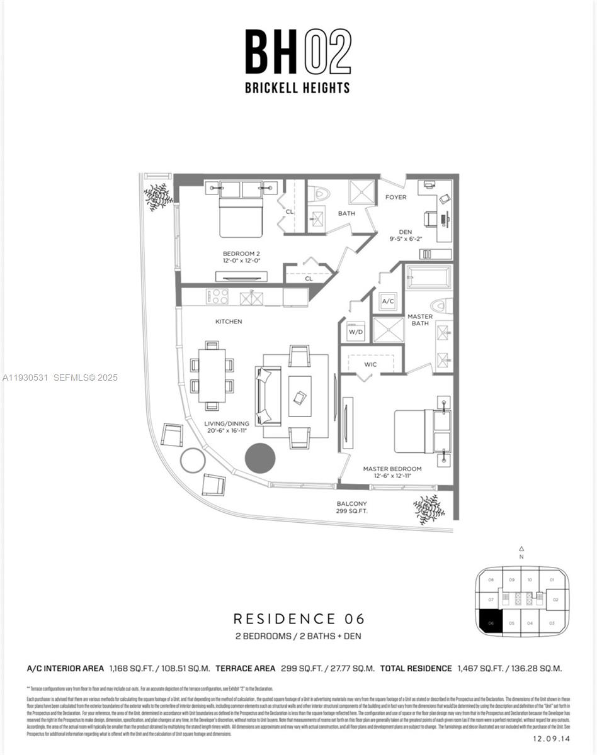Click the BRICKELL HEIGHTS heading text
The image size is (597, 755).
pos(297,88)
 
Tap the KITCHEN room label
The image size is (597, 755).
pos(229,322)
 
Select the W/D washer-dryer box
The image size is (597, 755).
pos(356,331)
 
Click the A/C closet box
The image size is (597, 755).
pos(387,301)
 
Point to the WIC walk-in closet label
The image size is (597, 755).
pos(370,364)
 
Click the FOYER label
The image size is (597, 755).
pos(395,198)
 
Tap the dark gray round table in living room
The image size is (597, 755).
pos(259,459)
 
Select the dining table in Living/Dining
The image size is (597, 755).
pos(212,376)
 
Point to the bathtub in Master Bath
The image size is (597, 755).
pos(429,277)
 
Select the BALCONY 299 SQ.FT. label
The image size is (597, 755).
pos(351,508)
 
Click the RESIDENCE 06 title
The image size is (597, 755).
pos(298,619)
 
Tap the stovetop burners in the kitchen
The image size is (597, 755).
pos(219,296)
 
